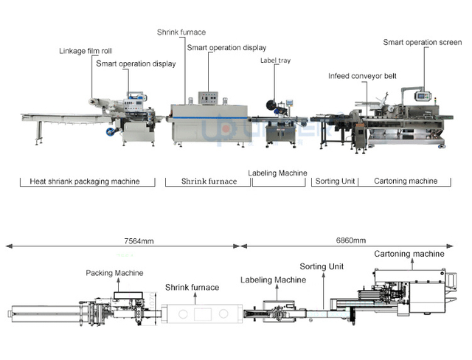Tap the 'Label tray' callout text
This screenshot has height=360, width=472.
point(274,60)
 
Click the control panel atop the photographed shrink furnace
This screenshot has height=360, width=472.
point(210,99)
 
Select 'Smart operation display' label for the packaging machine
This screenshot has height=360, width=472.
point(136,63)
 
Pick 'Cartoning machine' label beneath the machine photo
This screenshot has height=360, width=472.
point(406,181)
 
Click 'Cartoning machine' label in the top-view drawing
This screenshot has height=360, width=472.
point(409,254)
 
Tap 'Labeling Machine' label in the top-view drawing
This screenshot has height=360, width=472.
point(273,280)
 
